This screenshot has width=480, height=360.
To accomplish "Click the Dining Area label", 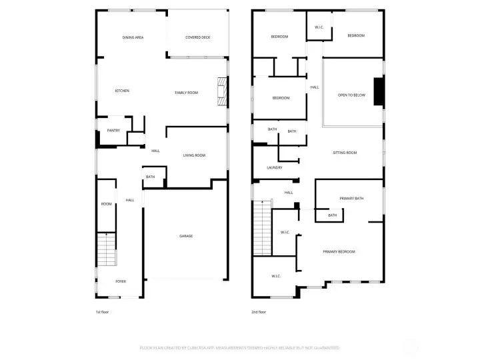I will [x=133, y=37].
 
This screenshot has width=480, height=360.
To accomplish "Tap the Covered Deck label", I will [x=198, y=37].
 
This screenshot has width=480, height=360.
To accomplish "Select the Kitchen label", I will [x=122, y=91].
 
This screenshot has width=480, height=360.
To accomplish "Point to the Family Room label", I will [x=187, y=93].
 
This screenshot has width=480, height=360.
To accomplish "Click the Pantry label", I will [x=113, y=130].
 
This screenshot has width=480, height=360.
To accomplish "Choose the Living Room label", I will [x=194, y=155].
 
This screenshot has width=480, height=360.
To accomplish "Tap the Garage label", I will [x=186, y=237].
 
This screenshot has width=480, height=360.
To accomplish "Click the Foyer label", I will [x=121, y=281].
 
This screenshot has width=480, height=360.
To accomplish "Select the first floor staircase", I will [x=106, y=250].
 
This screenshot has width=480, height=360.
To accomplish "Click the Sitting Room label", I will [x=345, y=153].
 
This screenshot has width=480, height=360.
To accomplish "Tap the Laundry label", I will [x=274, y=167].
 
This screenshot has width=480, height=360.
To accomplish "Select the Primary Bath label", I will [x=351, y=199].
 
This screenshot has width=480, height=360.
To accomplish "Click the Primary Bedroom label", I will [x=339, y=251].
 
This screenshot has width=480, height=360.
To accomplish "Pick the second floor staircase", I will [x=262, y=227].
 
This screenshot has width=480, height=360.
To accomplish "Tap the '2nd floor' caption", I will [x=259, y=311].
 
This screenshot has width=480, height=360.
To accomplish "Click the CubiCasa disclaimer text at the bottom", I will [x=240, y=347].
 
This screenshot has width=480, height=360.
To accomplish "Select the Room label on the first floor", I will [x=106, y=204].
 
